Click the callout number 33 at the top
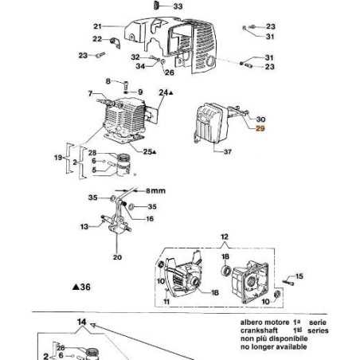point(177,6)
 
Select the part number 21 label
point(97,25)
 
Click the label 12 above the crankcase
point(225,237)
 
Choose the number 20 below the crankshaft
point(117,257)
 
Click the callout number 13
point(84,226)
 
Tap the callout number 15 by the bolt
point(300,276)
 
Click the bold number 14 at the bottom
point(80,322)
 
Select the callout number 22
point(97,39)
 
